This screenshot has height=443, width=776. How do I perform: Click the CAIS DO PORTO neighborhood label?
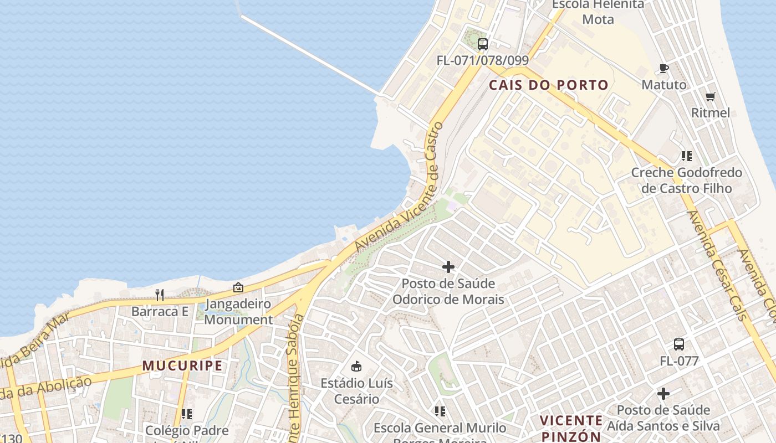coord(549,85)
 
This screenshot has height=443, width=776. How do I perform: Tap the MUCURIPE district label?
coord(182,365)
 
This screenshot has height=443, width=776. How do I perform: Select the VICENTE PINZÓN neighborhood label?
coord(571,428)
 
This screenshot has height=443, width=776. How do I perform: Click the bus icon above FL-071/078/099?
coord(483,44)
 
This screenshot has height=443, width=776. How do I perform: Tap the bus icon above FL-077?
coord(679,344)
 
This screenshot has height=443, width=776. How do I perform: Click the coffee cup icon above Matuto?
coord(663,69)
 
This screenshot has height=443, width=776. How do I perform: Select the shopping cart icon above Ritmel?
coord(711,97)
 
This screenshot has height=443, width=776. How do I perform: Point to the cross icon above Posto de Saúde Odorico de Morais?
coord(448,267)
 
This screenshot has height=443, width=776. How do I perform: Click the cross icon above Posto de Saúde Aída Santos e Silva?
coord(663,394)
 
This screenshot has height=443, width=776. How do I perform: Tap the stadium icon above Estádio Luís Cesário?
coord(356,366)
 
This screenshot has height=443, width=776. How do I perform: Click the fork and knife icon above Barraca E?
coord(160,295)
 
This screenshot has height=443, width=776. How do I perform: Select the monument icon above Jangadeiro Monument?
coord(238,287)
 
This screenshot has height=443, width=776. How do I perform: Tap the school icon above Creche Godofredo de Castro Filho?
coord(687,156)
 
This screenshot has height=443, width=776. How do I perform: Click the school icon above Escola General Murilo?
coord(440,411)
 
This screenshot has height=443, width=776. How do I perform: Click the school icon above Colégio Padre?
coord(187,414)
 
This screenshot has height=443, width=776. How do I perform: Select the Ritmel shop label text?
coord(711,113)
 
